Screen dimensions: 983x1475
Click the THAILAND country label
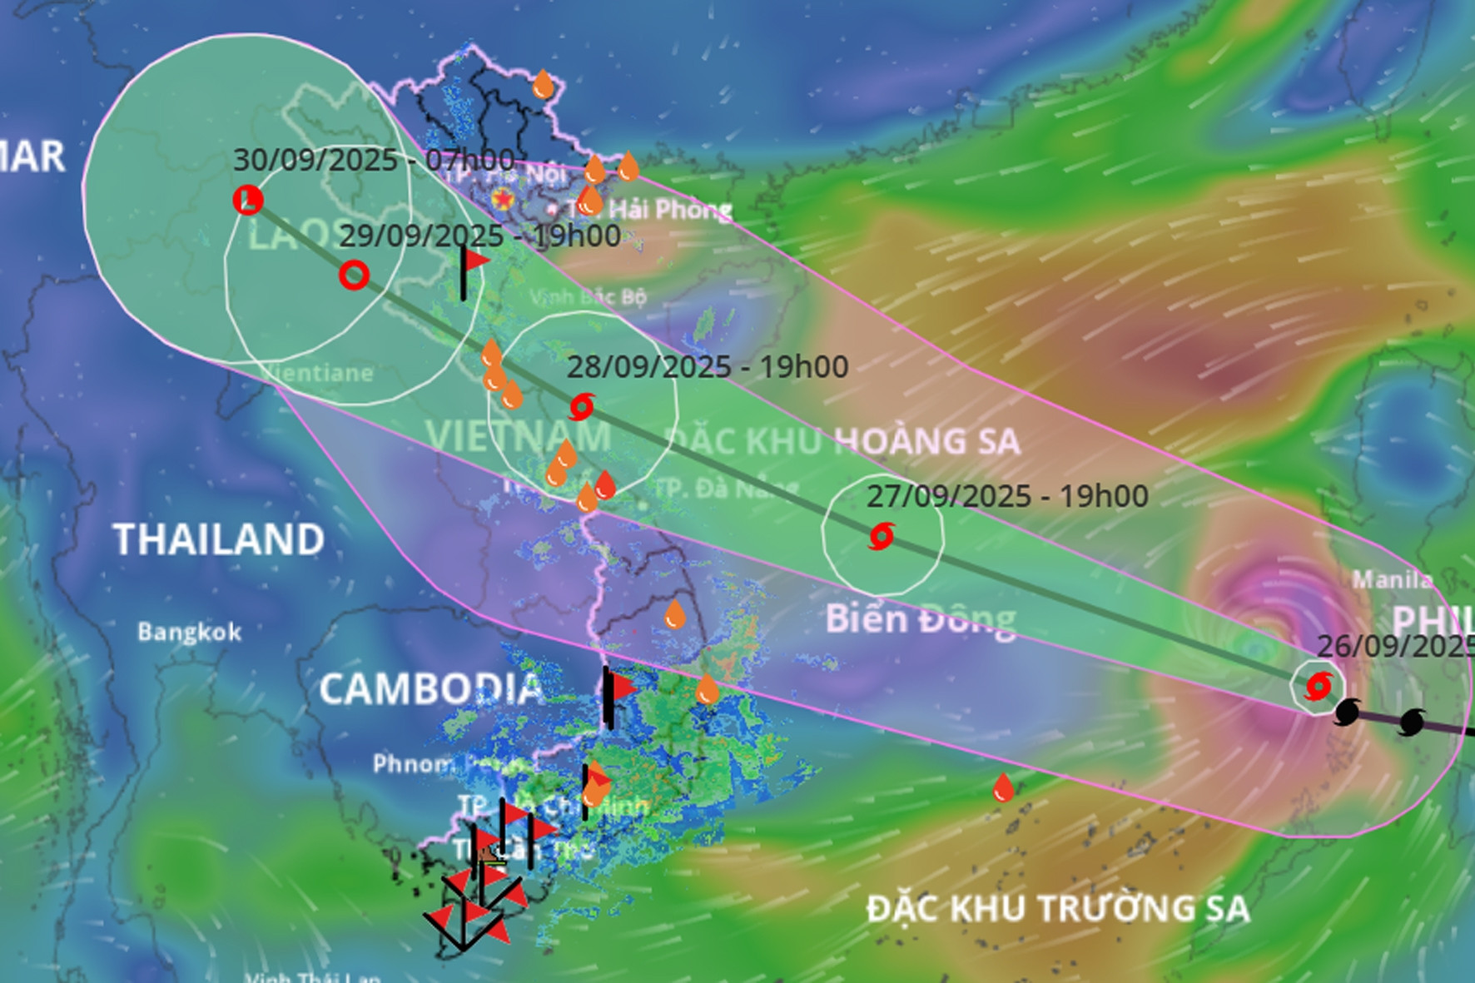[x=218, y=539]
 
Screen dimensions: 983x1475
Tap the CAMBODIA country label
[x=430, y=689]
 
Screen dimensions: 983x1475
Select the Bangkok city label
[x=190, y=632]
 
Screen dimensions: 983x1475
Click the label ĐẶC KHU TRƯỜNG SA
[x=1058, y=908]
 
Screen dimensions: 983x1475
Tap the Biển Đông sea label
[x=921, y=619]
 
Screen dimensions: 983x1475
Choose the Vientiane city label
[x=318, y=373]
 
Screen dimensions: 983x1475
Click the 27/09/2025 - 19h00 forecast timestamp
[x=1007, y=496]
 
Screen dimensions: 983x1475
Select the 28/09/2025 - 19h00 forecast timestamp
[x=708, y=366]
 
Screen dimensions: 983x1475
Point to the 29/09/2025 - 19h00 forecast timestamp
[x=479, y=236]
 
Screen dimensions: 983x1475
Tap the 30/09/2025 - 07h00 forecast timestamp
[x=373, y=160]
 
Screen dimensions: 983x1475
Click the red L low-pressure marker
[x=247, y=200]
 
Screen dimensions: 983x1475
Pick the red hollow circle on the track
[x=354, y=275]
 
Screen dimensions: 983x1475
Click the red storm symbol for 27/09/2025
[x=881, y=536]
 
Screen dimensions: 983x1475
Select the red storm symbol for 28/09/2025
[x=581, y=407]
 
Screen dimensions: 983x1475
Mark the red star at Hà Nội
[x=502, y=198]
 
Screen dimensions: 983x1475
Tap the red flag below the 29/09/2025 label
[x=474, y=261]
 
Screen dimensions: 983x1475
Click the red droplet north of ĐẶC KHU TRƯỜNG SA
[x=1003, y=787]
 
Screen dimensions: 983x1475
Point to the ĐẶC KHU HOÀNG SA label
[x=843, y=441]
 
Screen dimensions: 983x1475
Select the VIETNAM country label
[x=518, y=436]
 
